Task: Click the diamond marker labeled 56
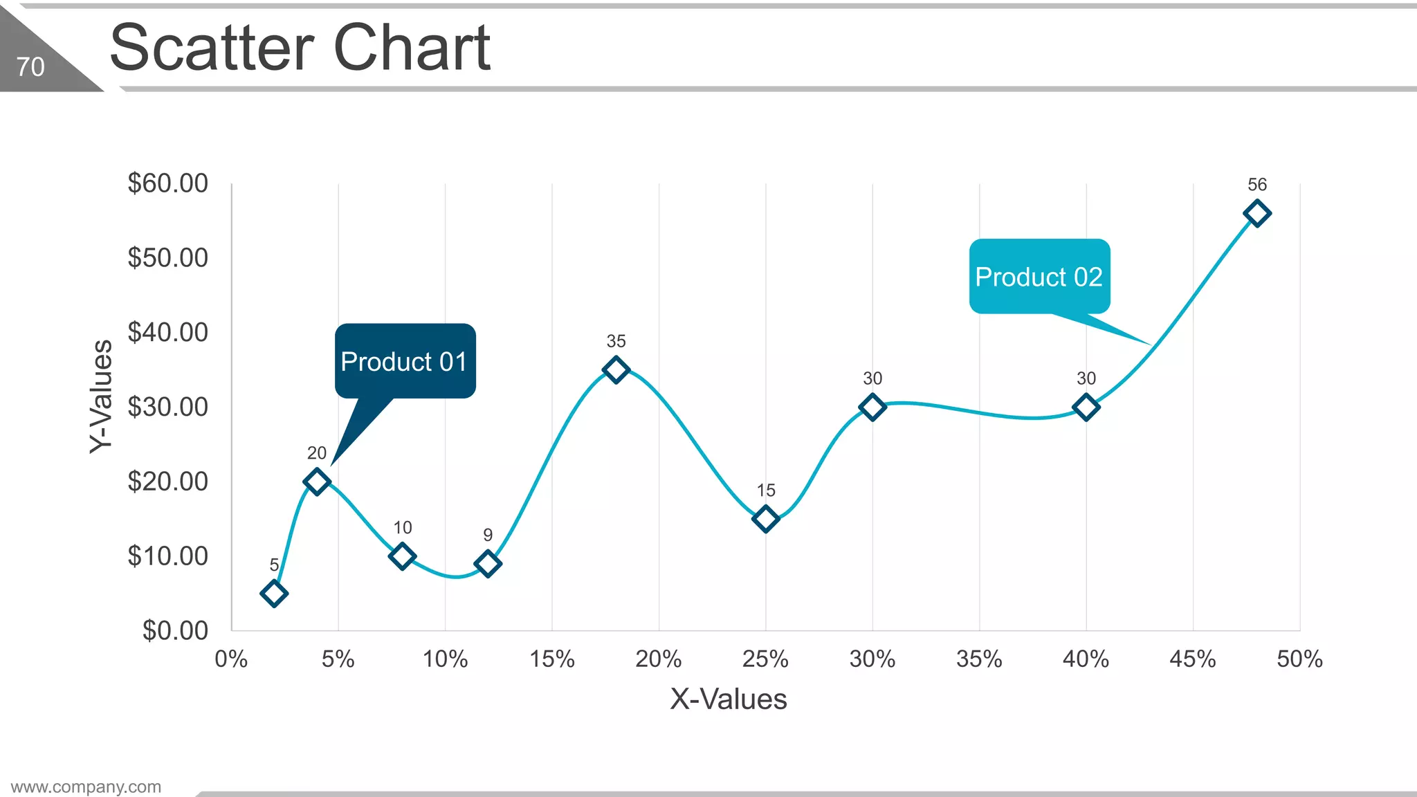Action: pyautogui.click(x=1256, y=213)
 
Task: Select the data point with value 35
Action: pyautogui.click(x=616, y=369)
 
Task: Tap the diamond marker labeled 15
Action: pyautogui.click(x=765, y=518)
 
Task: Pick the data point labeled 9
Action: pyautogui.click(x=488, y=563)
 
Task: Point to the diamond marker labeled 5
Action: pyautogui.click(x=274, y=593)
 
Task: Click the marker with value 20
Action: pyautogui.click(x=317, y=481)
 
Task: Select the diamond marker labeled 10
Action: pyautogui.click(x=402, y=556)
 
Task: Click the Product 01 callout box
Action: pyautogui.click(x=405, y=361)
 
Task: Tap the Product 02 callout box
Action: pyautogui.click(x=1039, y=277)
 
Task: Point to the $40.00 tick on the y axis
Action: pyautogui.click(x=167, y=332)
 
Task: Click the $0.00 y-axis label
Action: pyautogui.click(x=175, y=630)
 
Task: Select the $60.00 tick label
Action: pyautogui.click(x=167, y=183)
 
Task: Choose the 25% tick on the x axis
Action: pyautogui.click(x=765, y=659)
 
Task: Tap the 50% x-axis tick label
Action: pyautogui.click(x=1299, y=659)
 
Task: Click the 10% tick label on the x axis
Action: pyautogui.click(x=445, y=659)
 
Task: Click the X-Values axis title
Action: pyautogui.click(x=728, y=699)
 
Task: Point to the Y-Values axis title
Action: pyautogui.click(x=101, y=396)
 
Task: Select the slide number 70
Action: pyautogui.click(x=30, y=67)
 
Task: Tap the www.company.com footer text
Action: pyautogui.click(x=86, y=787)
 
